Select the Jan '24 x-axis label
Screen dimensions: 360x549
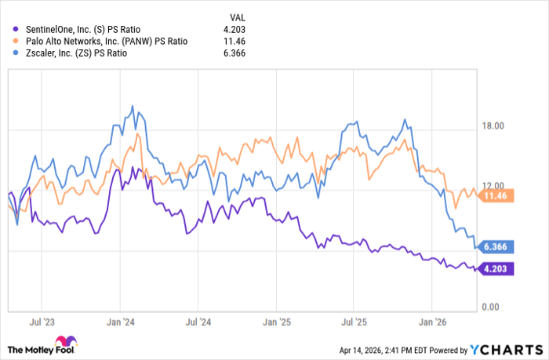tap(120, 322)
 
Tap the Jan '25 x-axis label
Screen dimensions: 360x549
tap(277, 322)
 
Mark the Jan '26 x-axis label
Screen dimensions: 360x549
tap(433, 322)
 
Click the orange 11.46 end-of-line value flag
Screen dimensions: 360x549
tap(496, 195)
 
